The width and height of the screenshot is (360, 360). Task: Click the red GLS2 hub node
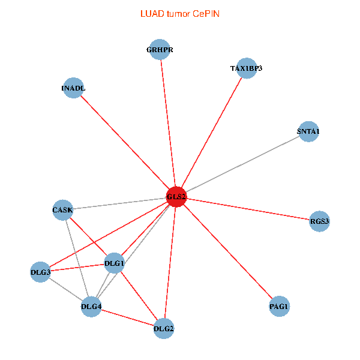click(176, 197)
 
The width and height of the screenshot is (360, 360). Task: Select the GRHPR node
click(160, 50)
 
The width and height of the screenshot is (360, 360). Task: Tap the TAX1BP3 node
click(246, 68)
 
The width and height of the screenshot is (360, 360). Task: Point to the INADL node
click(73, 88)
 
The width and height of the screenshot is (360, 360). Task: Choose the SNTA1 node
click(308, 131)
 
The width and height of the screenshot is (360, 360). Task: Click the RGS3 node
click(319, 221)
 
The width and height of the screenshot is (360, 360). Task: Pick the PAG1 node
click(279, 307)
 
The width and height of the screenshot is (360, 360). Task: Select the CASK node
click(62, 210)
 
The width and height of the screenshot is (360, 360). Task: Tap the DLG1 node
click(114, 263)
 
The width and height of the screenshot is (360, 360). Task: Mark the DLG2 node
click(164, 328)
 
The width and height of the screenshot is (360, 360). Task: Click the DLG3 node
click(41, 272)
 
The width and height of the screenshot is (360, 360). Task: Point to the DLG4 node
click(91, 307)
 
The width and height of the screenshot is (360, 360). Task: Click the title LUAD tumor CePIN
click(179, 14)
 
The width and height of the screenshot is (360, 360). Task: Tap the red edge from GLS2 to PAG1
click(228, 253)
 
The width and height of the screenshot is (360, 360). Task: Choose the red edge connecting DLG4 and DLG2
click(127, 317)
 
